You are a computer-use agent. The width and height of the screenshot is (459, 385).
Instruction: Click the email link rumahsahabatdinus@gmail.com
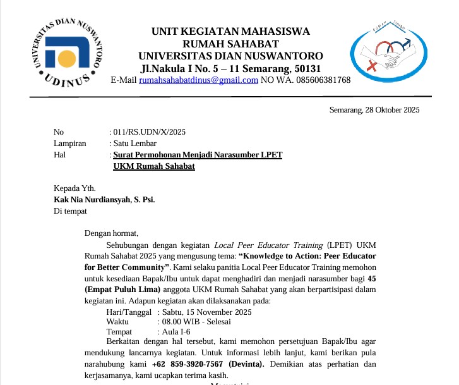click(x=198, y=80)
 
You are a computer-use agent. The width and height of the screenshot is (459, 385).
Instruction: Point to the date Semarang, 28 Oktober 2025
click(x=374, y=110)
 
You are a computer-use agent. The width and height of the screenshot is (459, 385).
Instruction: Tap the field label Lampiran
click(x=69, y=144)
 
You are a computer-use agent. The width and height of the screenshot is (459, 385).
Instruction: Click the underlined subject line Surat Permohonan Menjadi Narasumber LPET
click(x=198, y=155)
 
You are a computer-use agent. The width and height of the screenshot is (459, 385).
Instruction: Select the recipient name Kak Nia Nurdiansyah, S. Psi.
click(x=104, y=199)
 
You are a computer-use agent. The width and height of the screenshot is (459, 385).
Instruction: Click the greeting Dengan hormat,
click(x=111, y=233)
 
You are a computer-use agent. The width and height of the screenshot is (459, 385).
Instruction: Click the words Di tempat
click(x=70, y=211)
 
